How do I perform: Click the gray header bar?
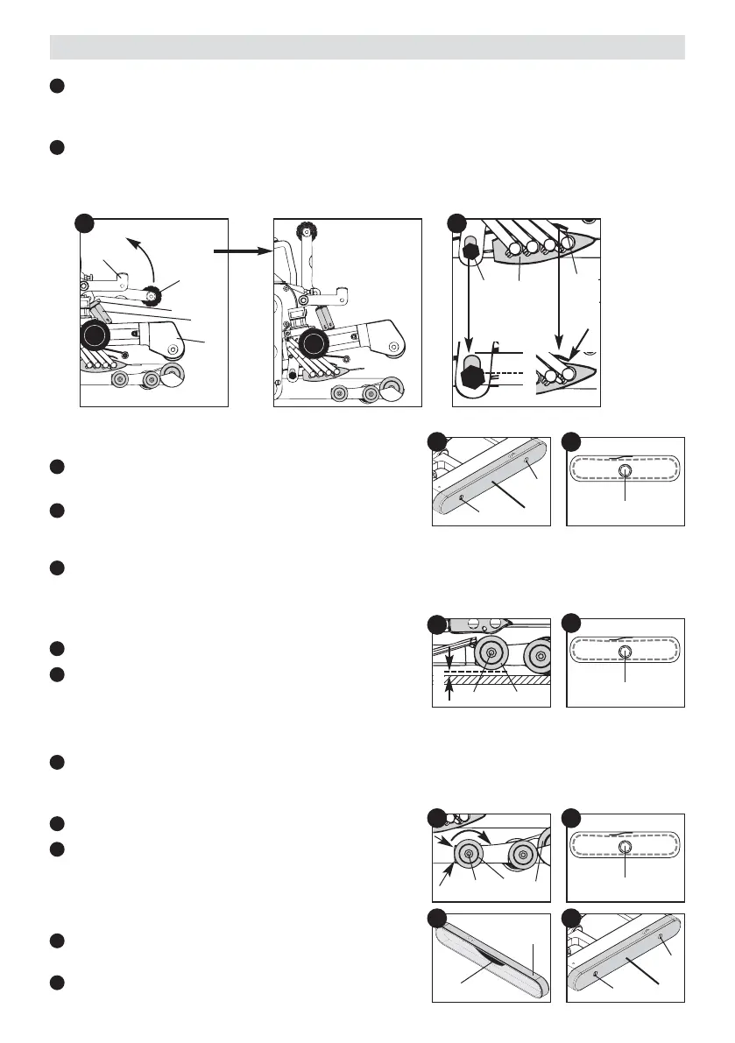coord(367,46)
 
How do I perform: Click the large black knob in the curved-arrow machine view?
coord(95,336)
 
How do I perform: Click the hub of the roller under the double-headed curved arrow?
coord(471,855)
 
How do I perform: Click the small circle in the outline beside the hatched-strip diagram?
coord(625,654)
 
